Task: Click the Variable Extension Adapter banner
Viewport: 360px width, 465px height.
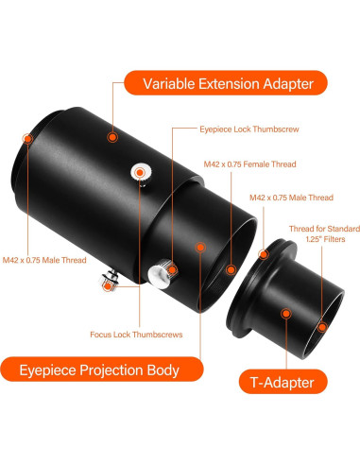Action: click(226, 82)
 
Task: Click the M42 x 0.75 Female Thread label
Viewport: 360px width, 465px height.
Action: click(249, 164)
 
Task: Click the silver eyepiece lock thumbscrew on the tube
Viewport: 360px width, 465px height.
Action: click(143, 172)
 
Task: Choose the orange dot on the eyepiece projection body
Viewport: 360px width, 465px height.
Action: click(201, 248)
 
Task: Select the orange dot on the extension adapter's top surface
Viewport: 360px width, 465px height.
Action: click(112, 136)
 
